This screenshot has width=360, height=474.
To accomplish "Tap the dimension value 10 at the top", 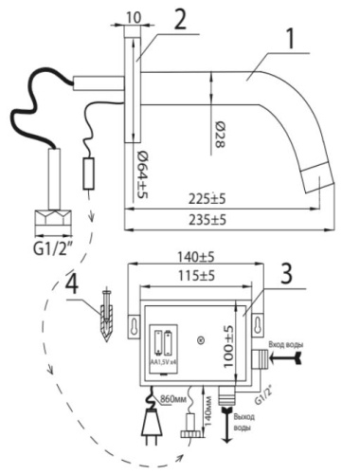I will click(x=133, y=18).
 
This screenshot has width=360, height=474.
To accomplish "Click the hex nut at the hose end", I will click(x=51, y=222).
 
